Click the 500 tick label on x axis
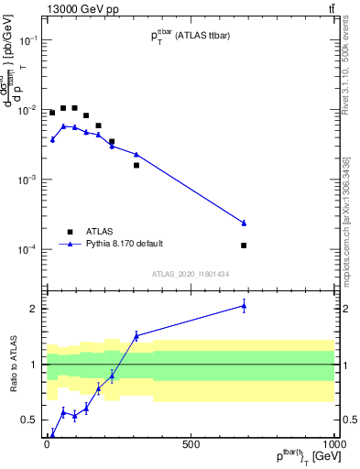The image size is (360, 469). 191,443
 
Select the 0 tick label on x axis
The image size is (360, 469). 47,443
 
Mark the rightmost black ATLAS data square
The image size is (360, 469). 245,245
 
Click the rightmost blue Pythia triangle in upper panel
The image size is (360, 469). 245,223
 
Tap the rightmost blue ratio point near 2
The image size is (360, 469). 245,305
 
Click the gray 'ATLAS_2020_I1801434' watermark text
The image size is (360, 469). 190,274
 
